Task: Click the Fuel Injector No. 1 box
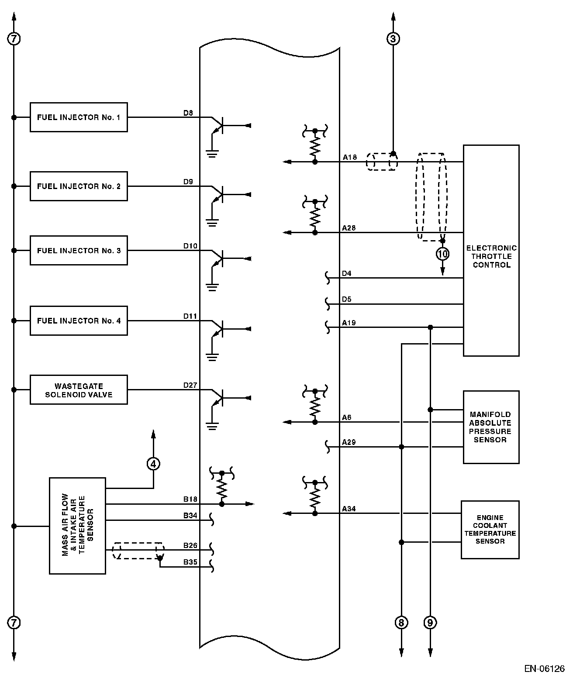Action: tap(79, 117)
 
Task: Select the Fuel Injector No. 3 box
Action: tap(79, 251)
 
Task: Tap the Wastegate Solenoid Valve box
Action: tap(79, 390)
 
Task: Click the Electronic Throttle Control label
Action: tap(491, 256)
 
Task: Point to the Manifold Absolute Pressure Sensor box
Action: tap(491, 427)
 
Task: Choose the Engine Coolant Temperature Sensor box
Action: tap(490, 529)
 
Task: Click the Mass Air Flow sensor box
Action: tap(77, 526)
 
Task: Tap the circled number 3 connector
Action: tap(393, 39)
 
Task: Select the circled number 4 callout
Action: tap(153, 464)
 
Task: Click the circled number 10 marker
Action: tap(442, 253)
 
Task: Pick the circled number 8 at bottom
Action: tap(401, 622)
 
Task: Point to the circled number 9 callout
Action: tap(430, 622)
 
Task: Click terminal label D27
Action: tap(190, 385)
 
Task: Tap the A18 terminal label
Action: tap(349, 157)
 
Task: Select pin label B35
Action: tap(190, 562)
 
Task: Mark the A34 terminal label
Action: tap(349, 509)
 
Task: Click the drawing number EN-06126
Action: tap(544, 668)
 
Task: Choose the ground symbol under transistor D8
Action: tap(212, 153)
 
